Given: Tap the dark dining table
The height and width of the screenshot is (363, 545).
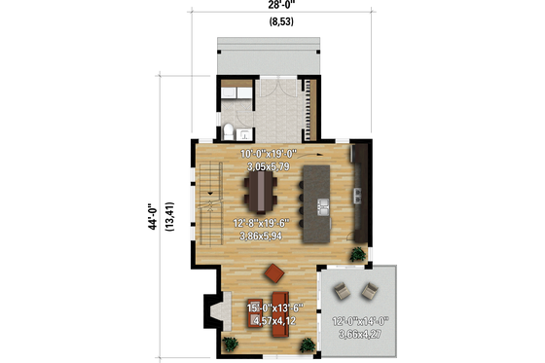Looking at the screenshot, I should coord(260,188).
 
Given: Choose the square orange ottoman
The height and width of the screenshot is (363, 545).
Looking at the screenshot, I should coord(274,271).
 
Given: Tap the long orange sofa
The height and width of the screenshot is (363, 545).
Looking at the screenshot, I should coord(280,309).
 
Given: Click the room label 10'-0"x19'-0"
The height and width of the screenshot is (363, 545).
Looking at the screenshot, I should coord(269,154).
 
